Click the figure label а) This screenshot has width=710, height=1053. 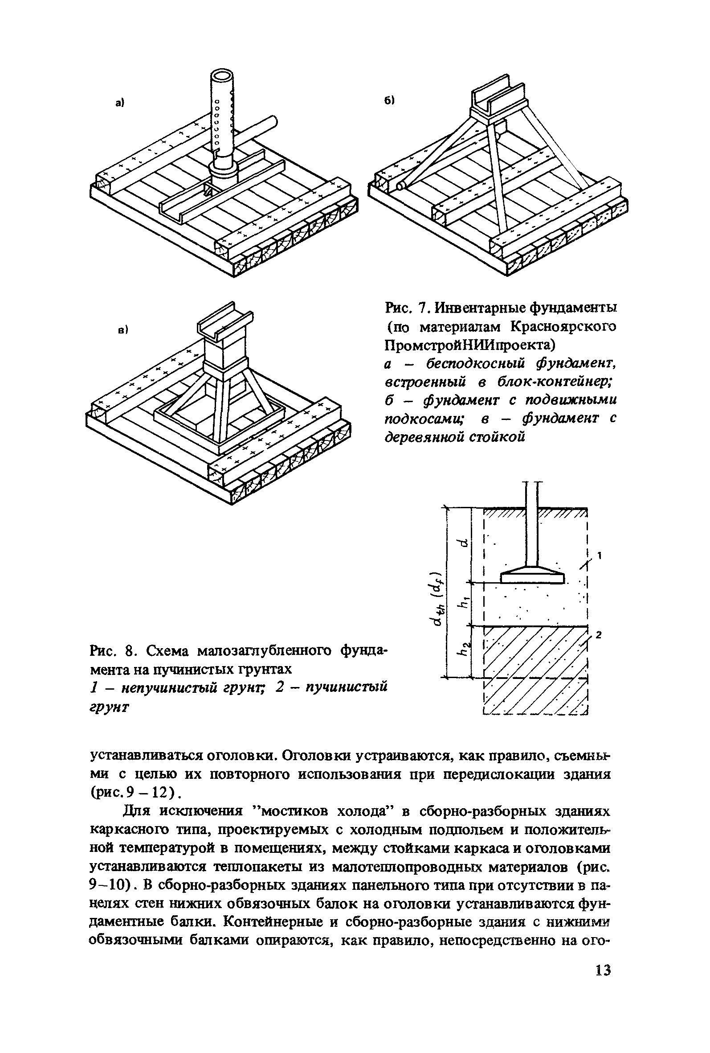(119, 103)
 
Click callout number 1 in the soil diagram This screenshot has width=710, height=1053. (600, 555)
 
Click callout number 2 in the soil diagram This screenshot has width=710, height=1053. (598, 635)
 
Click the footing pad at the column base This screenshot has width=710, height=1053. (533, 577)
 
